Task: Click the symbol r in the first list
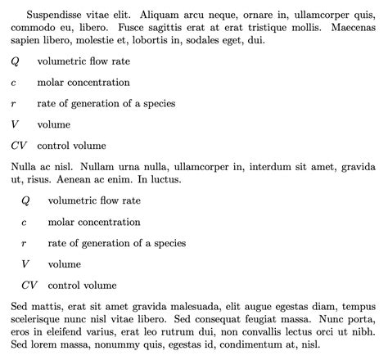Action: (x=14, y=103)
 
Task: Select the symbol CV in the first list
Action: (x=19, y=146)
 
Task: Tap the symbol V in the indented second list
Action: (x=25, y=263)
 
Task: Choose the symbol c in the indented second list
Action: (x=25, y=222)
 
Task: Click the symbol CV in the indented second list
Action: (x=29, y=286)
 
